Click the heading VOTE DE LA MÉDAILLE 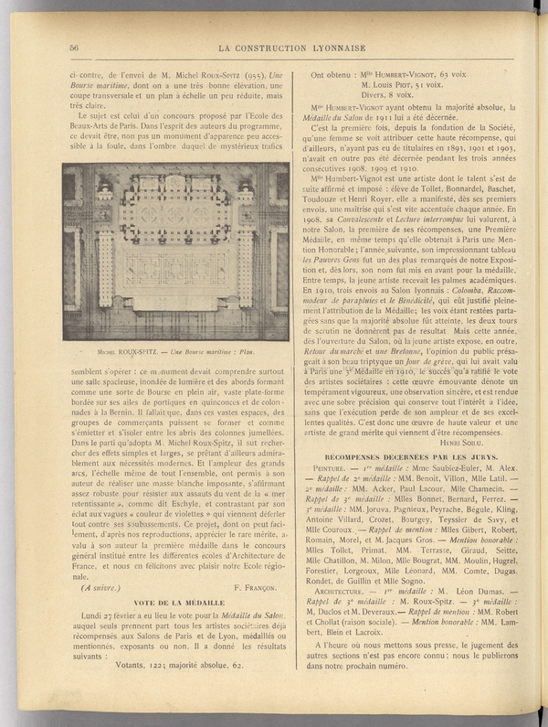pyautogui.click(x=174, y=604)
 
